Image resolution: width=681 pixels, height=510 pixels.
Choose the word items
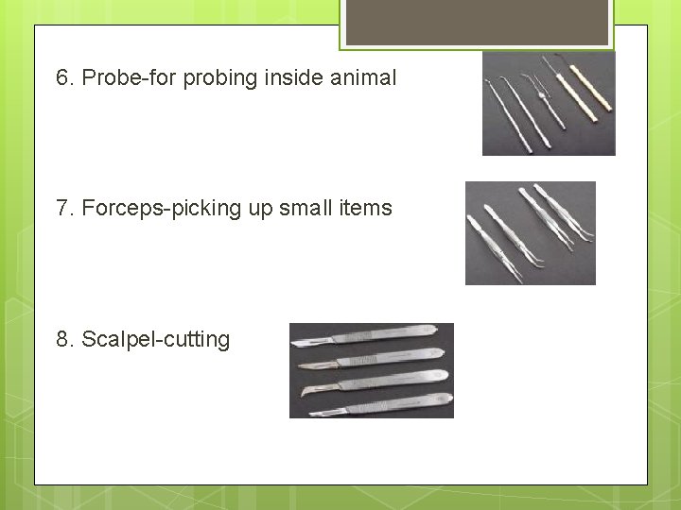pos(365,208)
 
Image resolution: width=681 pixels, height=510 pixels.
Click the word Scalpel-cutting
pos(156,339)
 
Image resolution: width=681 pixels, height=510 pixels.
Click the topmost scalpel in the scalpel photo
pos(369,334)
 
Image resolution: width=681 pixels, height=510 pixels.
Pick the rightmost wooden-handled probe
pos(580,94)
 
